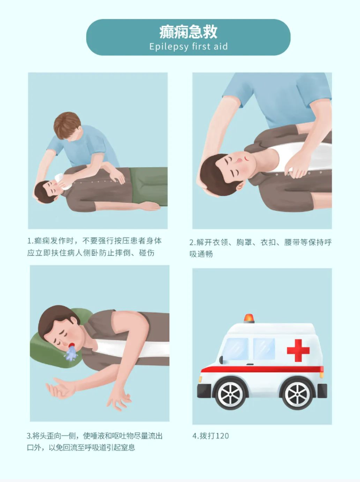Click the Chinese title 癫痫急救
pyautogui.click(x=188, y=32)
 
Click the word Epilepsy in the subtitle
pyautogui.click(x=169, y=47)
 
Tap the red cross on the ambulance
pyautogui.click(x=298, y=350)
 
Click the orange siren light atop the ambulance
pyautogui.click(x=249, y=318)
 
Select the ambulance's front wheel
pyautogui.click(x=230, y=395)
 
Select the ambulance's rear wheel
pyautogui.click(x=297, y=395)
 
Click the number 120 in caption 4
pyautogui.click(x=222, y=436)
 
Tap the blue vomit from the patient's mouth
pyautogui.click(x=71, y=353)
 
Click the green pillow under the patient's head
pyautogui.click(x=59, y=344)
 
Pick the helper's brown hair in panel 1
pyautogui.click(x=67, y=125)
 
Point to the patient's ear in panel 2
pyautogui.click(x=240, y=186)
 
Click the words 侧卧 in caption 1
pyautogui.click(x=91, y=253)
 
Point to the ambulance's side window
pyautogui.click(x=264, y=349)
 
